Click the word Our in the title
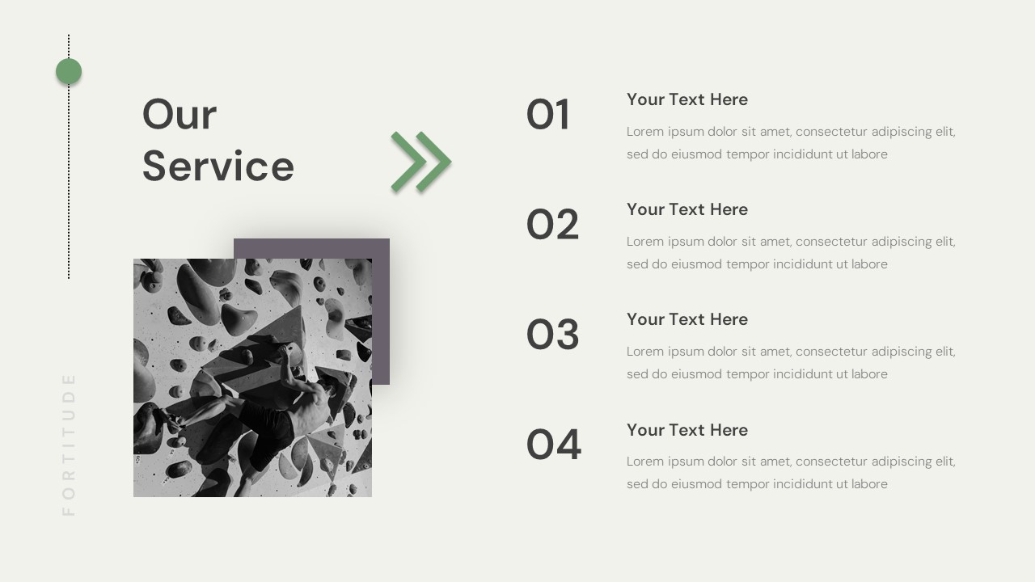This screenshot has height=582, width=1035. [180, 115]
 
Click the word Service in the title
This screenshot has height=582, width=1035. [218, 167]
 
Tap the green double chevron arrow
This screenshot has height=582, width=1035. [420, 162]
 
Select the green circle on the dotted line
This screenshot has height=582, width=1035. [69, 71]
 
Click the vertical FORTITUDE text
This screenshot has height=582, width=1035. [69, 444]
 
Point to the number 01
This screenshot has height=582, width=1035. [548, 115]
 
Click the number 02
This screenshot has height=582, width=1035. [553, 225]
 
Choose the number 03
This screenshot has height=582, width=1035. [553, 335]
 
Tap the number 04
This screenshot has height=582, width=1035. [554, 445]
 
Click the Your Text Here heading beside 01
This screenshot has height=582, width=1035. [687, 99]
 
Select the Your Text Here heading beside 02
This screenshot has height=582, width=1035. [687, 209]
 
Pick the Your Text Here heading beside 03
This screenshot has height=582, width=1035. [687, 319]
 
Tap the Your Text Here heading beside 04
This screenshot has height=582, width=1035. [687, 430]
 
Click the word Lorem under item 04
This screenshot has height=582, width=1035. [645, 462]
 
